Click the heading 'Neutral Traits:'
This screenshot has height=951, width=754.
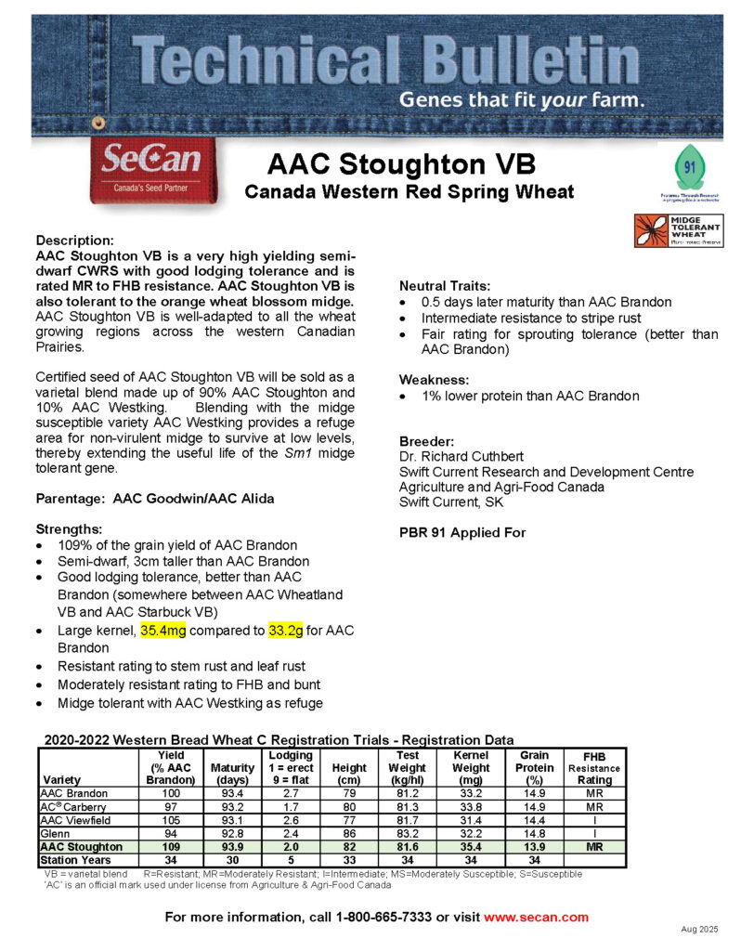click(x=445, y=286)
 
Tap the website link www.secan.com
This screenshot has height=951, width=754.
click(x=537, y=917)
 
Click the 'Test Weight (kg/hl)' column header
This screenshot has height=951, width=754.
click(x=408, y=767)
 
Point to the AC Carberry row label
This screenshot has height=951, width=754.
click(x=73, y=807)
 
